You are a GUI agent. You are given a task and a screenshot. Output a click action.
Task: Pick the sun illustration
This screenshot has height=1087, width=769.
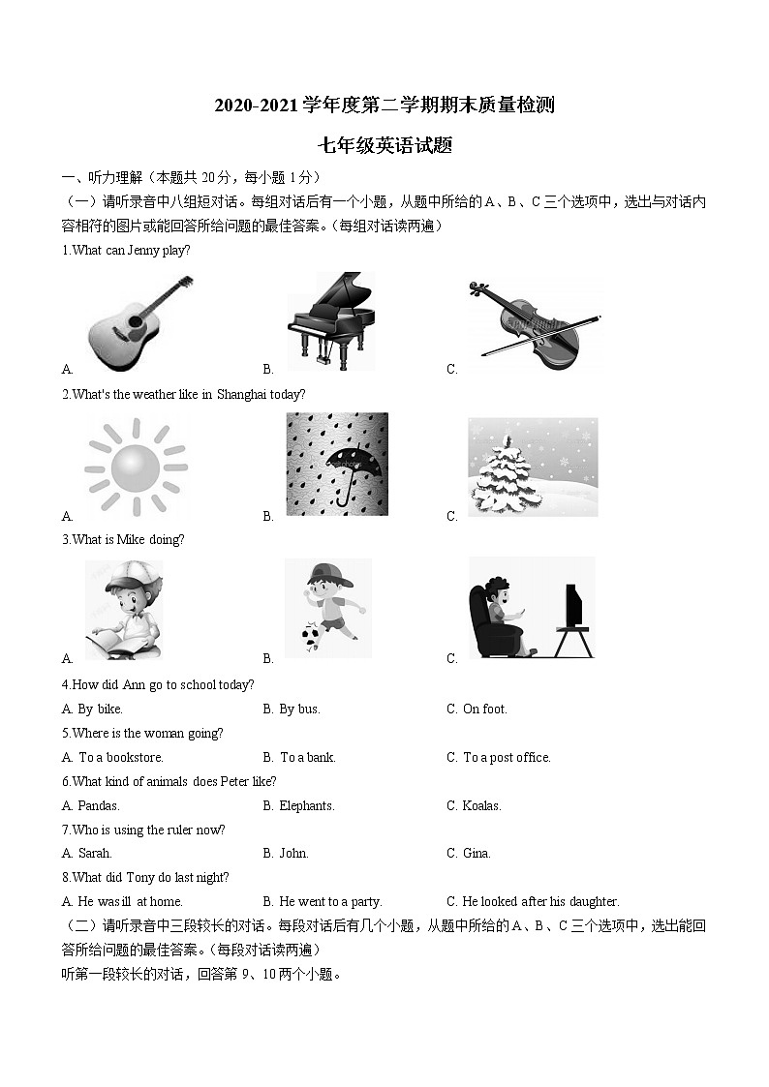[x=135, y=468]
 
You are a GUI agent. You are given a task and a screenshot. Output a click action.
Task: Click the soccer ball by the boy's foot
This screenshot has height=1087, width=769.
[x=311, y=638]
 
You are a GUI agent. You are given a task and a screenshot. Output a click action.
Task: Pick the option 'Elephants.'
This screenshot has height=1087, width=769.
[x=307, y=806]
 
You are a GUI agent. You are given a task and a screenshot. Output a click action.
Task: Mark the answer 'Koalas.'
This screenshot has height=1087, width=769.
[x=481, y=806]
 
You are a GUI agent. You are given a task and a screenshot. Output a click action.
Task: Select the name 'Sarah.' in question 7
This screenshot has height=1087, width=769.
[x=95, y=854]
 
